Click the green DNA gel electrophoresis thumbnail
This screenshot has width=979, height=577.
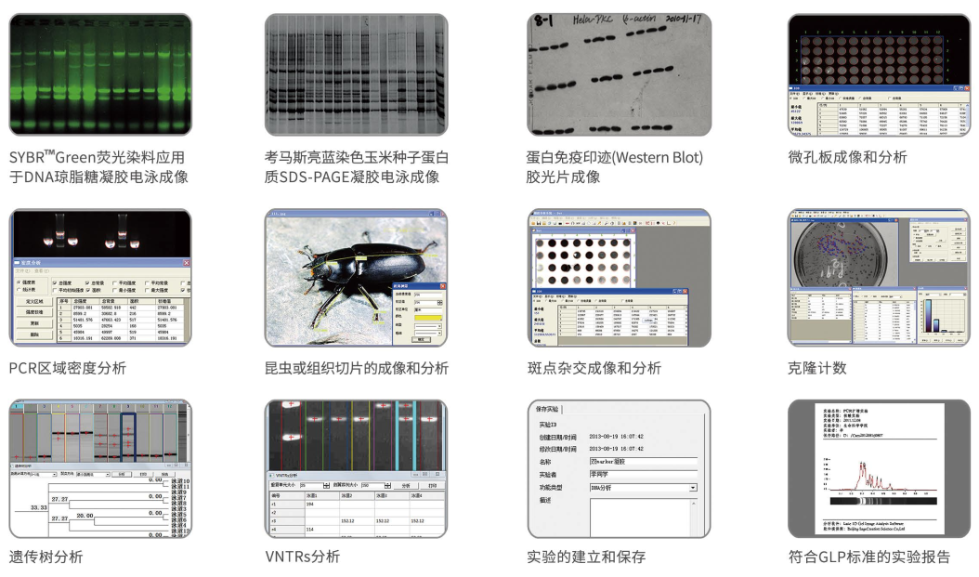point(99,74)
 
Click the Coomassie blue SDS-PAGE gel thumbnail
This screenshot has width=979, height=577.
point(356,74)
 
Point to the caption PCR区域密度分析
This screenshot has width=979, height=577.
point(67,368)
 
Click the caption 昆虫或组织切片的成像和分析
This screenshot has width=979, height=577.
point(356,368)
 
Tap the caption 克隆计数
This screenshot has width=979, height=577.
point(816,368)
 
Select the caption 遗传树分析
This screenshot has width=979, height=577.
point(46,557)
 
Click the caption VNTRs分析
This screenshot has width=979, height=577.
point(302,557)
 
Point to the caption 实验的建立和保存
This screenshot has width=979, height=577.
point(585,557)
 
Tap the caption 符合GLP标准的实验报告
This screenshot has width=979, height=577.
point(868,557)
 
